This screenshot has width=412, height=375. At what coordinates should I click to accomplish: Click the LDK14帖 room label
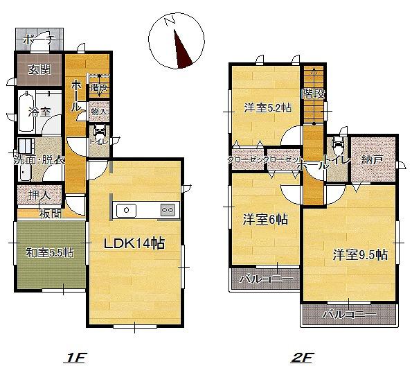(134, 245)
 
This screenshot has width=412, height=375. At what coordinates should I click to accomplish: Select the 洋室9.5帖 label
(359, 254)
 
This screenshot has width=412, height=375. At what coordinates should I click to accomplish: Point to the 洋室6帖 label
(265, 220)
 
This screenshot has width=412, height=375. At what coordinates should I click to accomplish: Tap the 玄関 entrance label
(39, 69)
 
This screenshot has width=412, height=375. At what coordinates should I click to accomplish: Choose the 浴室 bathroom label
(39, 111)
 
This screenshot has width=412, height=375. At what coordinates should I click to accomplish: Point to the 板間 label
(49, 213)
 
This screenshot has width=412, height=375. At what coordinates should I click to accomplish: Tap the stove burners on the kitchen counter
(168, 209)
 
